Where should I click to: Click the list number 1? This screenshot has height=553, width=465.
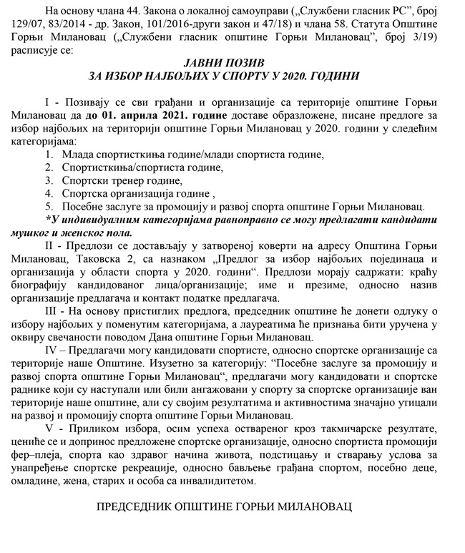[x=47, y=155]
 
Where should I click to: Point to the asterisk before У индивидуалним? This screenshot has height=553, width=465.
[x=48, y=219]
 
